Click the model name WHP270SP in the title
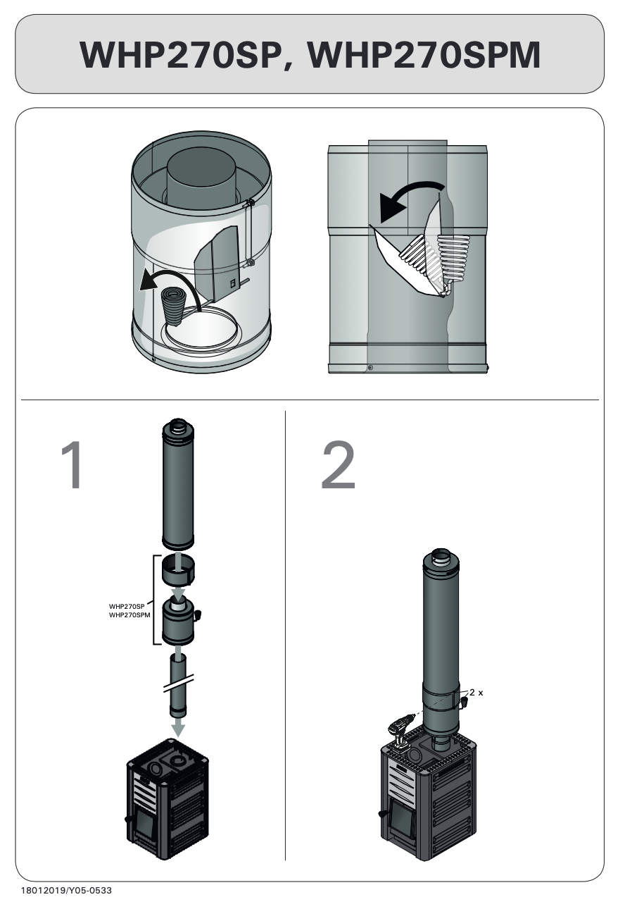182,55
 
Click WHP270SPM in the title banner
424,55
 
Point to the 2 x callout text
476,692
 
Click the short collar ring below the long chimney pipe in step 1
177,568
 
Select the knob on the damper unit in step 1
197,615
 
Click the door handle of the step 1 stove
130,817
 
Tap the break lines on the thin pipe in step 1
178,684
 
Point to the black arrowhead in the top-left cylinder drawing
148,281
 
